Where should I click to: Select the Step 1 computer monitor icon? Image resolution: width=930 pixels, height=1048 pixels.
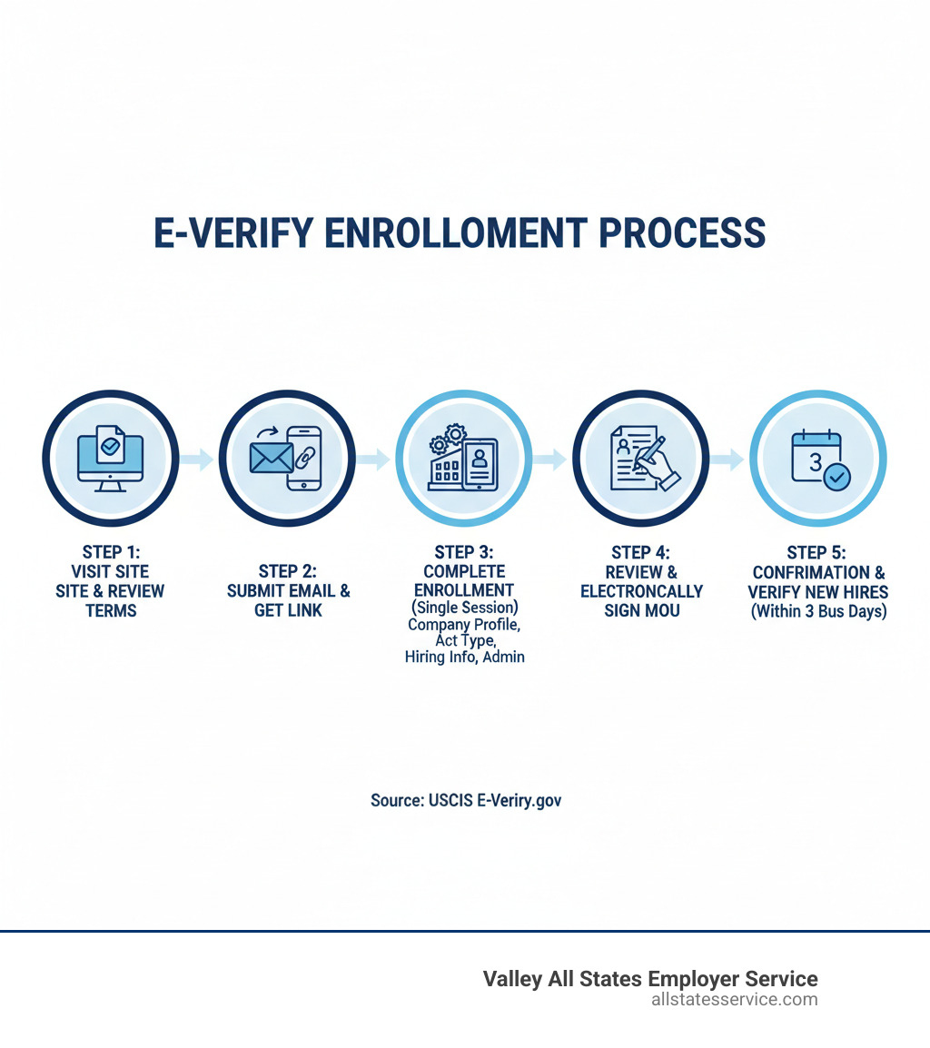point(111,460)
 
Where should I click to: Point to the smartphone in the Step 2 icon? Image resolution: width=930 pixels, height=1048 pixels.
point(304,460)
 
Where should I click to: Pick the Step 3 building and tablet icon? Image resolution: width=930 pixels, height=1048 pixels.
point(463,460)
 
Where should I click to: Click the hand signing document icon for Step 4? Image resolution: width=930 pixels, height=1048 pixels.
point(640,460)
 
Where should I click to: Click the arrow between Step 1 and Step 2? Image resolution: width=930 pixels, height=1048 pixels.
point(196,460)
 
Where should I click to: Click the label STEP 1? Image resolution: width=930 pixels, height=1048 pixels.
point(111,551)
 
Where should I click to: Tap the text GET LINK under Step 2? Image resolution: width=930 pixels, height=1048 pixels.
point(288,610)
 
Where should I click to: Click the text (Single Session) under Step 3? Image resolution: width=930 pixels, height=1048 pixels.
point(464,608)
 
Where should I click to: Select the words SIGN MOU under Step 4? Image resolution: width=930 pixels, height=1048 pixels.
point(641,610)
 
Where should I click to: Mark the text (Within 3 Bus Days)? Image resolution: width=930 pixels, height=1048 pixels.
point(817,611)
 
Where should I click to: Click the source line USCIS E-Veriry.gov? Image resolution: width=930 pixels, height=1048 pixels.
point(465,801)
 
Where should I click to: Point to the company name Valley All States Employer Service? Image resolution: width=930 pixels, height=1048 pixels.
point(649,979)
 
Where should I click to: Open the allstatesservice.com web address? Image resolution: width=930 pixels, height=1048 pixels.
point(734,1000)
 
